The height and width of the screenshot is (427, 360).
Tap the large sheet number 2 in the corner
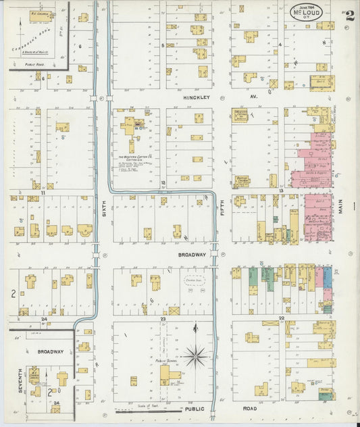click(x=349, y=16)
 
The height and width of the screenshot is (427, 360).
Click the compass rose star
click(x=196, y=354)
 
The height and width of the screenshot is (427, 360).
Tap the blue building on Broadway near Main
click(x=328, y=278)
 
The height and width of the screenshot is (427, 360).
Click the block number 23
click(x=162, y=318)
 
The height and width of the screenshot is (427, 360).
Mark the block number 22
click(x=282, y=318)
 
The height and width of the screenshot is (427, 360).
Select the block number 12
click(x=162, y=183)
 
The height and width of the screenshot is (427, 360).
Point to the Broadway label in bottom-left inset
click(x=50, y=352)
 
